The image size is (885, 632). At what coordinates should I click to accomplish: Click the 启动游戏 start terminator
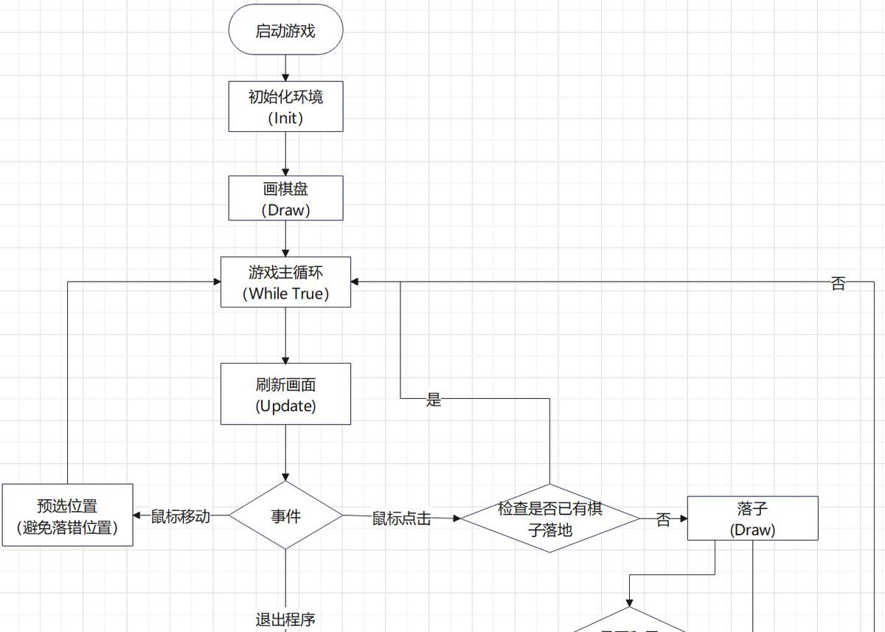pos(285,30)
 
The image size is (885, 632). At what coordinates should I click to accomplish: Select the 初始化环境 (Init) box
pos(285,106)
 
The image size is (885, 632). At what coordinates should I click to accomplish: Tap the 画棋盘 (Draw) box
pos(285,198)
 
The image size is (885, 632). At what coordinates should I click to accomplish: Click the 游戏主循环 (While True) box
pos(285,282)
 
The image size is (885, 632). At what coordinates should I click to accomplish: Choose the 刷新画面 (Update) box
pos(285,394)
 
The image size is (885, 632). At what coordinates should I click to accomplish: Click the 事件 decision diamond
pos(285,515)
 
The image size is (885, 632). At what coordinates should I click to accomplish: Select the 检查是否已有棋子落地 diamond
pos(549,518)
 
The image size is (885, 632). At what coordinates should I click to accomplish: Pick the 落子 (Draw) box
pos(752,518)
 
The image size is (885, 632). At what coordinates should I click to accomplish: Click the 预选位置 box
pos(67,515)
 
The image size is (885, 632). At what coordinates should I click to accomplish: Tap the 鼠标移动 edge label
pos(181,516)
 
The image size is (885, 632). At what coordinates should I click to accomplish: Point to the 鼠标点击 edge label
pos(400,518)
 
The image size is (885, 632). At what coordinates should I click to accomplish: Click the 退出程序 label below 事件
pos(285,619)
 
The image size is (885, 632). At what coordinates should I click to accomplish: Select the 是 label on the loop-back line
pos(434,400)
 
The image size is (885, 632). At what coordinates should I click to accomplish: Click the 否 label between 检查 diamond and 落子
pos(663,520)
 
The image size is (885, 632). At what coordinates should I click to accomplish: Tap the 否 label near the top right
pos(838,284)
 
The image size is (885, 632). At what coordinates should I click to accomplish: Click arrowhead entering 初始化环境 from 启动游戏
pos(285,77)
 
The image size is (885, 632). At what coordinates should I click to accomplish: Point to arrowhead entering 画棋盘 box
pos(285,171)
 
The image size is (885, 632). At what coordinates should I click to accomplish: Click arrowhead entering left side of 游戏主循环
pos(217,282)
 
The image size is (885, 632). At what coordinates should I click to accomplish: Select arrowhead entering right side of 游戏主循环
pos(355,282)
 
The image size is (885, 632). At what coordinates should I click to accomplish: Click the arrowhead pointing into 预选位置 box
pos(137,515)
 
